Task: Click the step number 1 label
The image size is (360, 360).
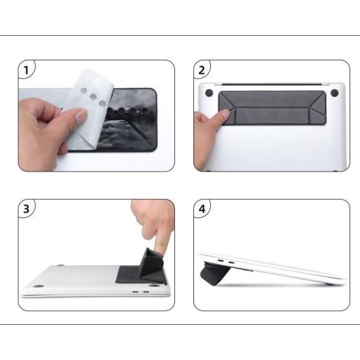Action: (x=27, y=70)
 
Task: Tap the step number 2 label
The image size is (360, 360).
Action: (x=202, y=70)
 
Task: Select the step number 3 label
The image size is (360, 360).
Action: (x=27, y=209)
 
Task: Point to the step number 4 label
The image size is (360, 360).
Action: (x=202, y=209)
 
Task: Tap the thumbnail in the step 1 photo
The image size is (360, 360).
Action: (x=79, y=115)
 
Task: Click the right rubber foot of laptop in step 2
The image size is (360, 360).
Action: (x=335, y=93)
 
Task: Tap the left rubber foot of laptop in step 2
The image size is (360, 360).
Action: (x=209, y=92)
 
